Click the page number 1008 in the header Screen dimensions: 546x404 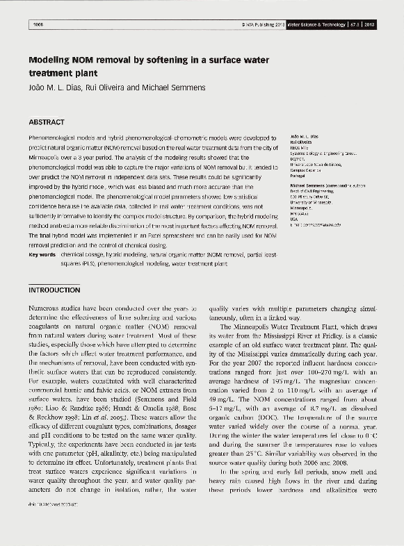[x=38, y=24]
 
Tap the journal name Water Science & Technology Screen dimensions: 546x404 [x=315, y=24]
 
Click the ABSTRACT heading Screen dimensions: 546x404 [x=47, y=122]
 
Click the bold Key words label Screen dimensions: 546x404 [x=42, y=255]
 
